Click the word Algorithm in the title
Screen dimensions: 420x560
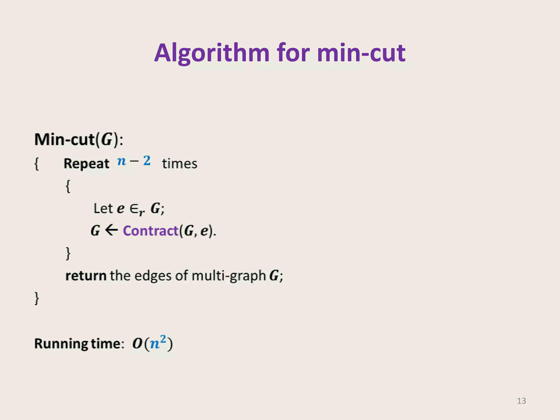pos(212,53)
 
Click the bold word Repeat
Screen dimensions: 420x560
pos(86,164)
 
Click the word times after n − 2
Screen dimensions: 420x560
pos(180,164)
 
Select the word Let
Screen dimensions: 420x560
pos(103,208)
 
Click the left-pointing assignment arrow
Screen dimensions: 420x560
pos(111,230)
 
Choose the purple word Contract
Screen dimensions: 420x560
pos(151,231)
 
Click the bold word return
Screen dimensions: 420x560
pos(86,275)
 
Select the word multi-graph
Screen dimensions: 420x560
pos(229,276)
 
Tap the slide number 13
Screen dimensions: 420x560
pos(521,401)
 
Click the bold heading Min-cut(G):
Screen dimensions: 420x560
pos(79,139)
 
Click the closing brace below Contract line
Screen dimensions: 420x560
pos(68,253)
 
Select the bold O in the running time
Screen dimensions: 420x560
pos(137,343)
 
